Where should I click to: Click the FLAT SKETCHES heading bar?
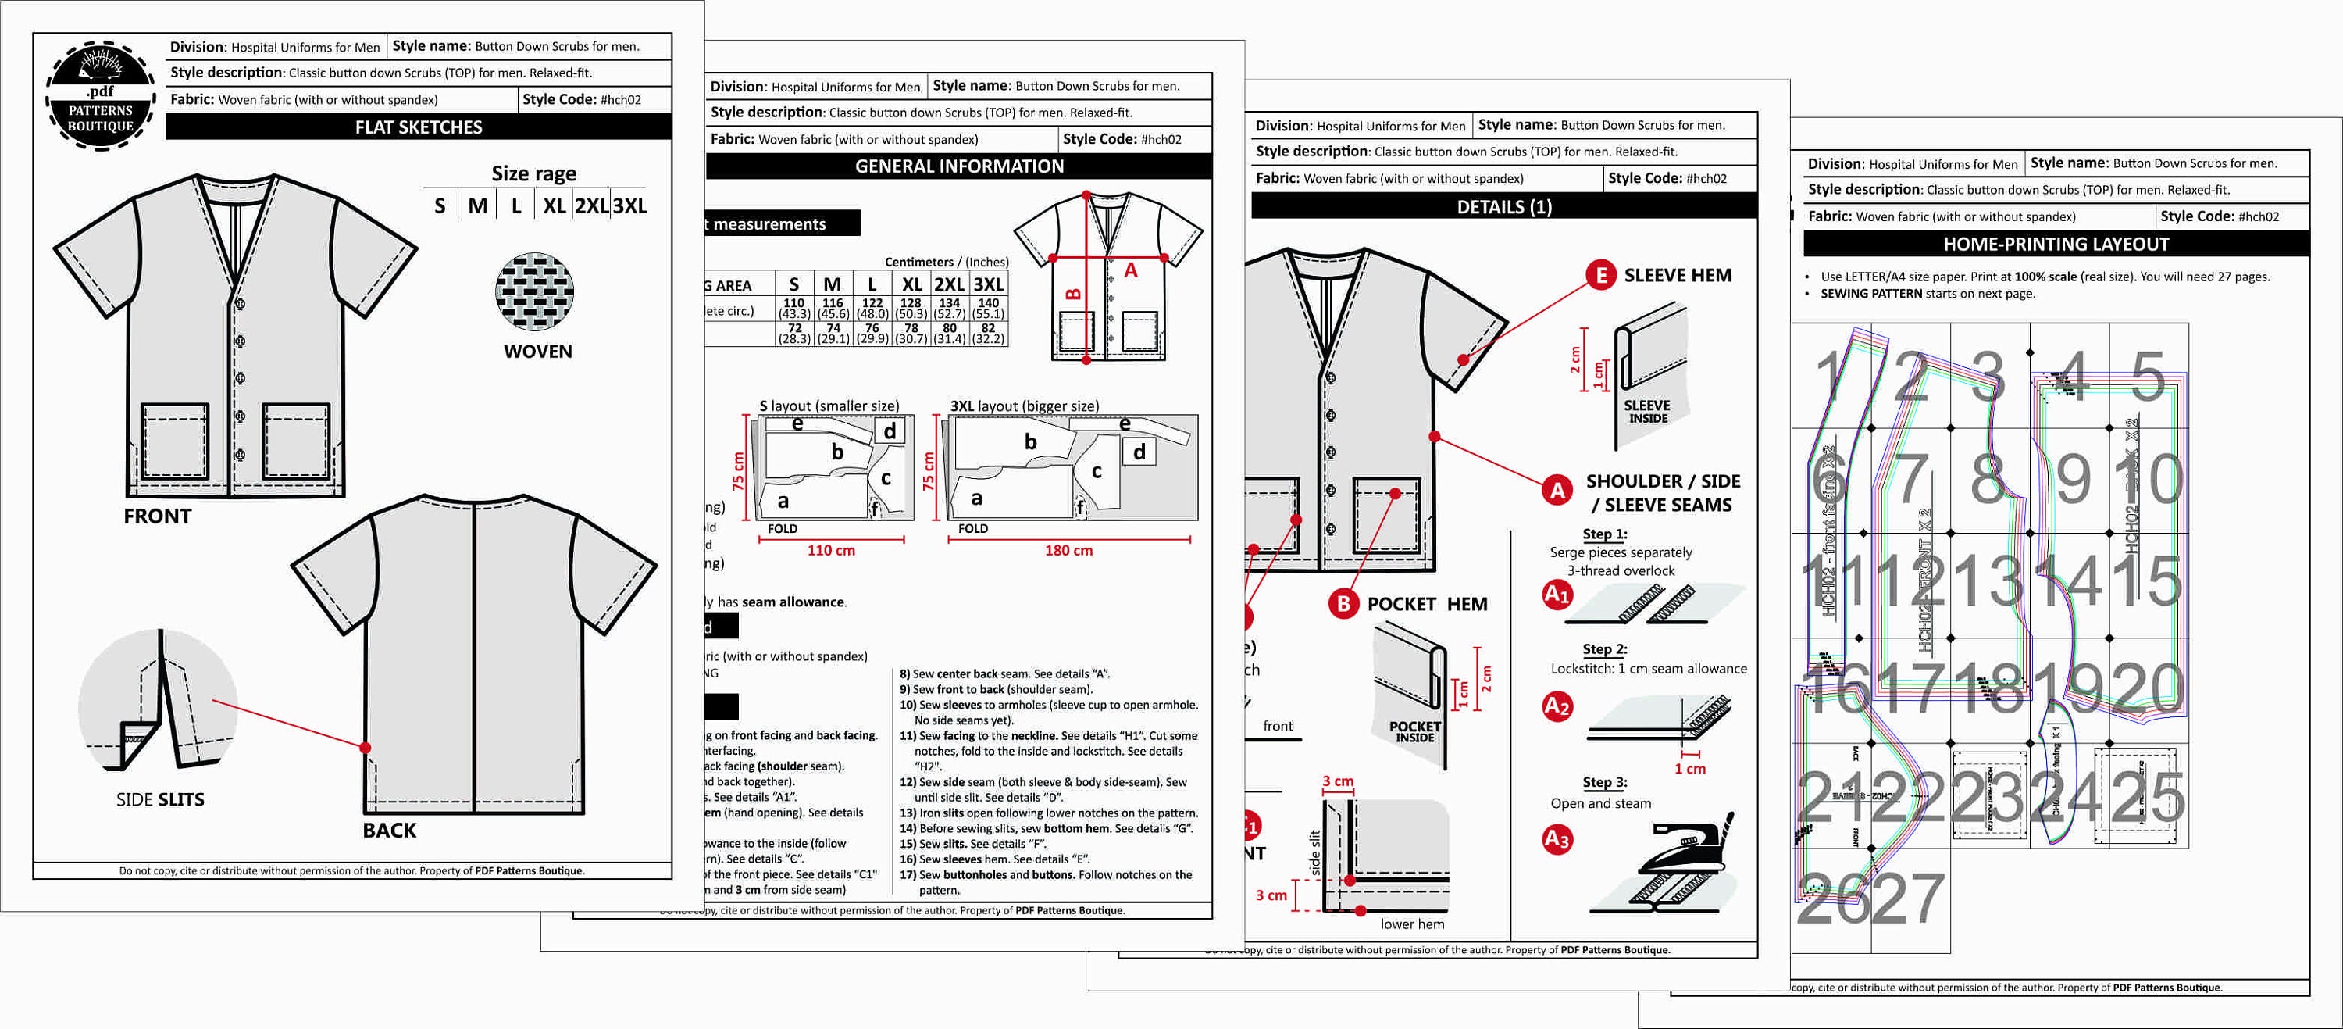[x=419, y=127]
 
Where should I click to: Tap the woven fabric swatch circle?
[x=535, y=292]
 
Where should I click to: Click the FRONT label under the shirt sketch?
[x=157, y=516]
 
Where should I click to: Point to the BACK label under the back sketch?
[x=389, y=830]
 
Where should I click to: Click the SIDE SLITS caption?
[x=160, y=799]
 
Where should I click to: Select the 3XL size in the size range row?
[x=629, y=205]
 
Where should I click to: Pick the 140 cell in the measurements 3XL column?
[x=989, y=303]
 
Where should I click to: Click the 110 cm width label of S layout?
[x=830, y=550]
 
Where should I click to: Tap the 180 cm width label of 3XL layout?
[x=1068, y=550]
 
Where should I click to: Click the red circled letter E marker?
[x=1600, y=275]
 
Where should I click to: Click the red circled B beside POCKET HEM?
[x=1343, y=604]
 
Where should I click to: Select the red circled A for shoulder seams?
[x=1557, y=491]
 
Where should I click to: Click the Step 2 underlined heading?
[x=1604, y=648]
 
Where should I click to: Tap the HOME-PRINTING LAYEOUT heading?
[x=2056, y=244]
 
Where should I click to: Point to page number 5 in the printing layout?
[x=2149, y=377]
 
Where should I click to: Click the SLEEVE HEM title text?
[x=1678, y=276]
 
